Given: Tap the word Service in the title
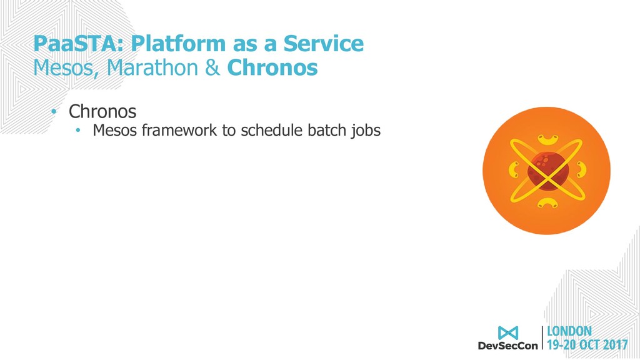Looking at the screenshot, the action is pos(323,43).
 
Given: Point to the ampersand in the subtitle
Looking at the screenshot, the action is pos(212,67).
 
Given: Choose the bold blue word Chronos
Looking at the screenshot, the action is pos(272,67).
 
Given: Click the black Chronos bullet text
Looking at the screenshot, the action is pos(102,111).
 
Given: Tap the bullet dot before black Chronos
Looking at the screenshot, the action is pos(54,111).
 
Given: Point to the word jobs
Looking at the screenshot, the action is pos(365,131).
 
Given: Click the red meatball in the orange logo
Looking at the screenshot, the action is pos(547,171).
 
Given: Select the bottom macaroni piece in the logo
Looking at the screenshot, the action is pos(547,202).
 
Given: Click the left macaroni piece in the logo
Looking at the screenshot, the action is pos(514,170).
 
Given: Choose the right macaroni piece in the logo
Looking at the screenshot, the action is pos(581,170).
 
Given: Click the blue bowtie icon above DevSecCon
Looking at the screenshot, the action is pos(508,333).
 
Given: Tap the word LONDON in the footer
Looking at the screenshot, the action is pos(569,331).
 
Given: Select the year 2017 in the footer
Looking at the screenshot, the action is pos(615,345).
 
